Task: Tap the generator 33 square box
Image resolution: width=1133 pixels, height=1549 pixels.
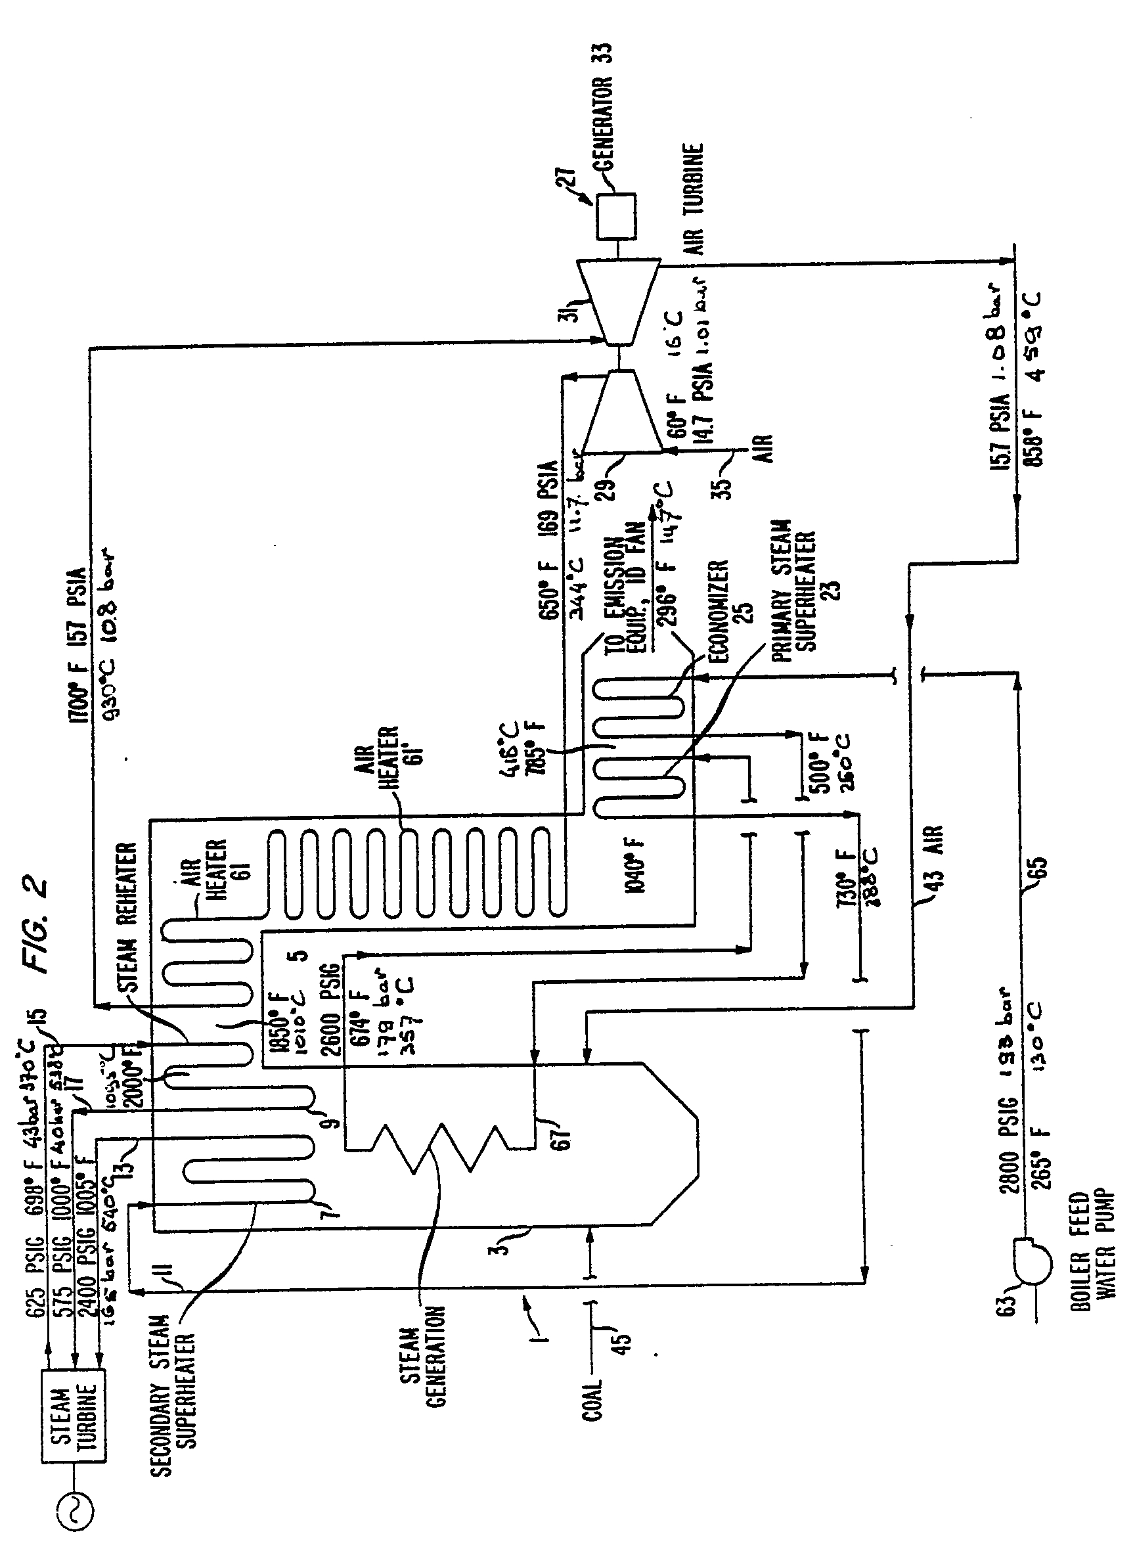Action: pyautogui.click(x=615, y=216)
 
